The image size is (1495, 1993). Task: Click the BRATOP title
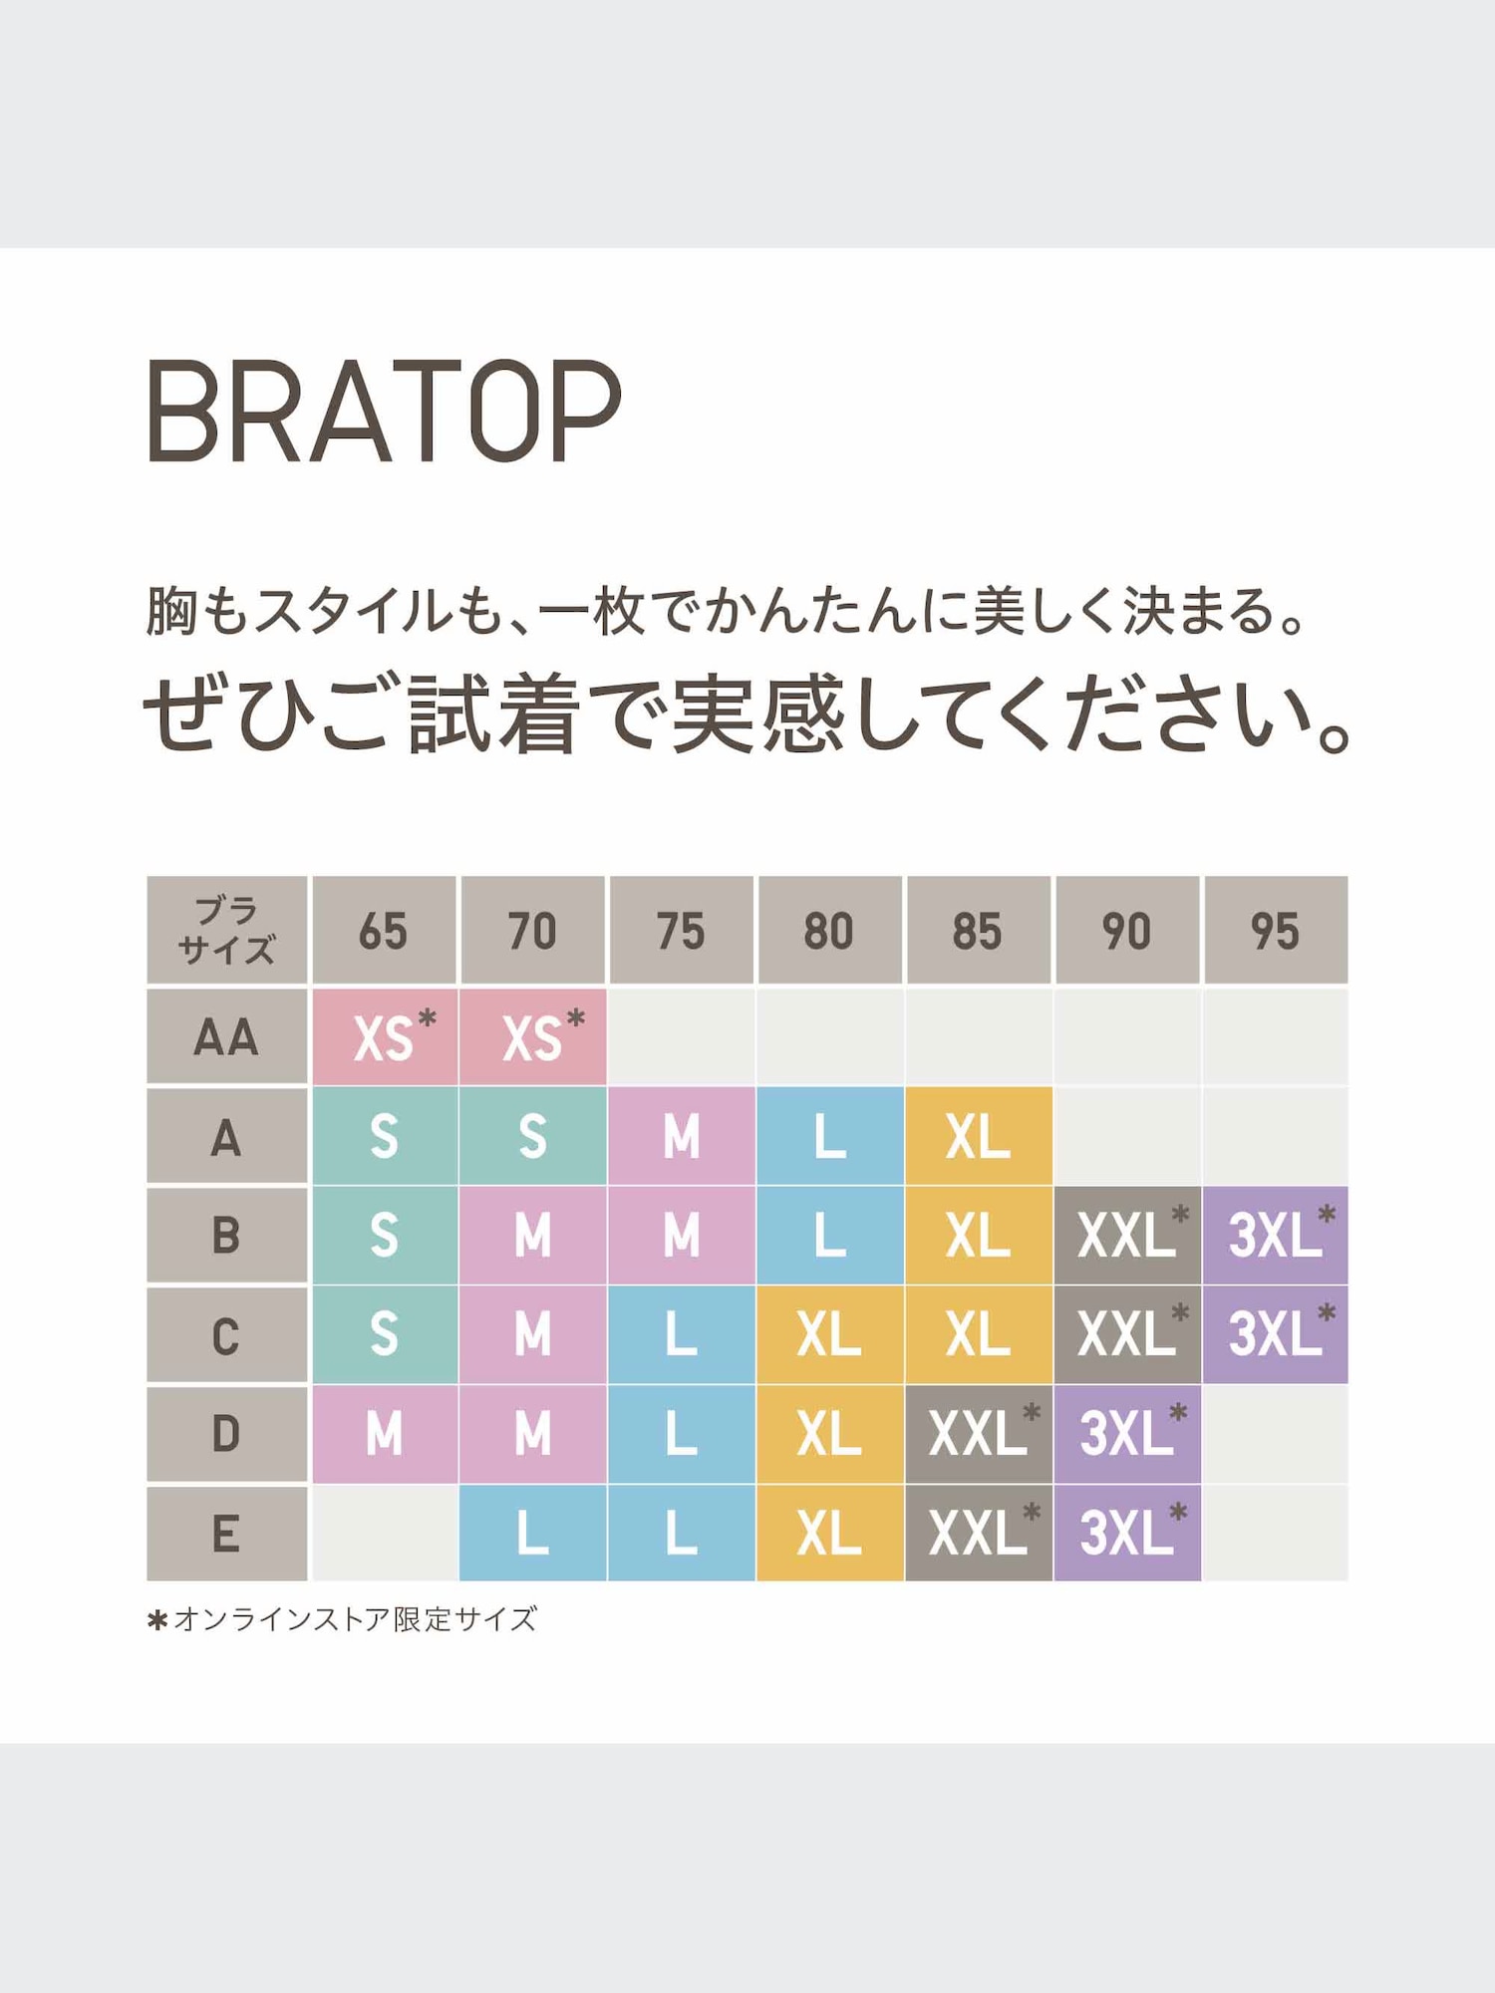pos(384,411)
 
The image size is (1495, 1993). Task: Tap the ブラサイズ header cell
pos(226,930)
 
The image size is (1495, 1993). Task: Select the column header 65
pos(384,931)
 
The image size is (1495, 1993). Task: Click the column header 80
pos(829,931)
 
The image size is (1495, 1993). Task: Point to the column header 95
pos(1275,931)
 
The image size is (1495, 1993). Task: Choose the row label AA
pos(226,1036)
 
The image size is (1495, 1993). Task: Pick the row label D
pos(226,1433)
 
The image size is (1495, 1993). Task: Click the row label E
pos(226,1533)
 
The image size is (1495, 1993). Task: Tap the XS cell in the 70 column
pos(533,1036)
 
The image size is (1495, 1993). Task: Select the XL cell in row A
pos(978,1136)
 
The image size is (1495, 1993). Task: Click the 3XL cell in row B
pos(1275,1235)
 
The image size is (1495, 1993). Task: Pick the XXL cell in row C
pos(1126,1333)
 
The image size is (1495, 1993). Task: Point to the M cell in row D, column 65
pos(384,1433)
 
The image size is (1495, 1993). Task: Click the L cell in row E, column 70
pos(533,1533)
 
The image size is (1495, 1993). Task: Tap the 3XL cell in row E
pos(1126,1533)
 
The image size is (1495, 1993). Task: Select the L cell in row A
pos(829,1136)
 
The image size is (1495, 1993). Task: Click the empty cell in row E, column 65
pos(384,1533)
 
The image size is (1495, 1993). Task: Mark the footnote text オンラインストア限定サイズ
pos(355,1619)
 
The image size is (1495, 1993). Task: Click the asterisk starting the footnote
pos(156,1620)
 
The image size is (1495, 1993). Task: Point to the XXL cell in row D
pos(978,1433)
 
